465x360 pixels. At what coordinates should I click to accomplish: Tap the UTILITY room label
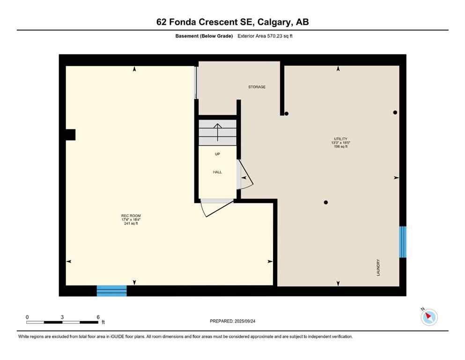(x=340, y=139)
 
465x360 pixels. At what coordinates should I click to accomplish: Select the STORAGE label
(x=257, y=87)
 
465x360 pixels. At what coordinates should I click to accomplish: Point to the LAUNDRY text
(x=378, y=267)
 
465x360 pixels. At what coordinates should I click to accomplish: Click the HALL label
(x=217, y=172)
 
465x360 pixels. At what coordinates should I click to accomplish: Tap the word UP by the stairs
(x=217, y=154)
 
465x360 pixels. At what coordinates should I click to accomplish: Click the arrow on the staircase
(x=217, y=132)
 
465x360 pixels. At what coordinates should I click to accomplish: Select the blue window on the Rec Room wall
(x=111, y=291)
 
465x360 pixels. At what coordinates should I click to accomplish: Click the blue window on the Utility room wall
(x=402, y=242)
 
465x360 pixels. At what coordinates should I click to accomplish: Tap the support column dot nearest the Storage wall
(x=287, y=113)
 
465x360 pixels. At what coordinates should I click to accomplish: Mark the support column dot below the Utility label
(x=326, y=202)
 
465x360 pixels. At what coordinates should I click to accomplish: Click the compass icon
(x=429, y=317)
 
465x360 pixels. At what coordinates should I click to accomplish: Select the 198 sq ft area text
(x=340, y=147)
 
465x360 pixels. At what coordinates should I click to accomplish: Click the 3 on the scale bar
(x=62, y=317)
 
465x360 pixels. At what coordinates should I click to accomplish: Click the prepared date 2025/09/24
(x=244, y=321)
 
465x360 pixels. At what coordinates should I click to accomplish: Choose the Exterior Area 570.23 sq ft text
(x=269, y=36)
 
